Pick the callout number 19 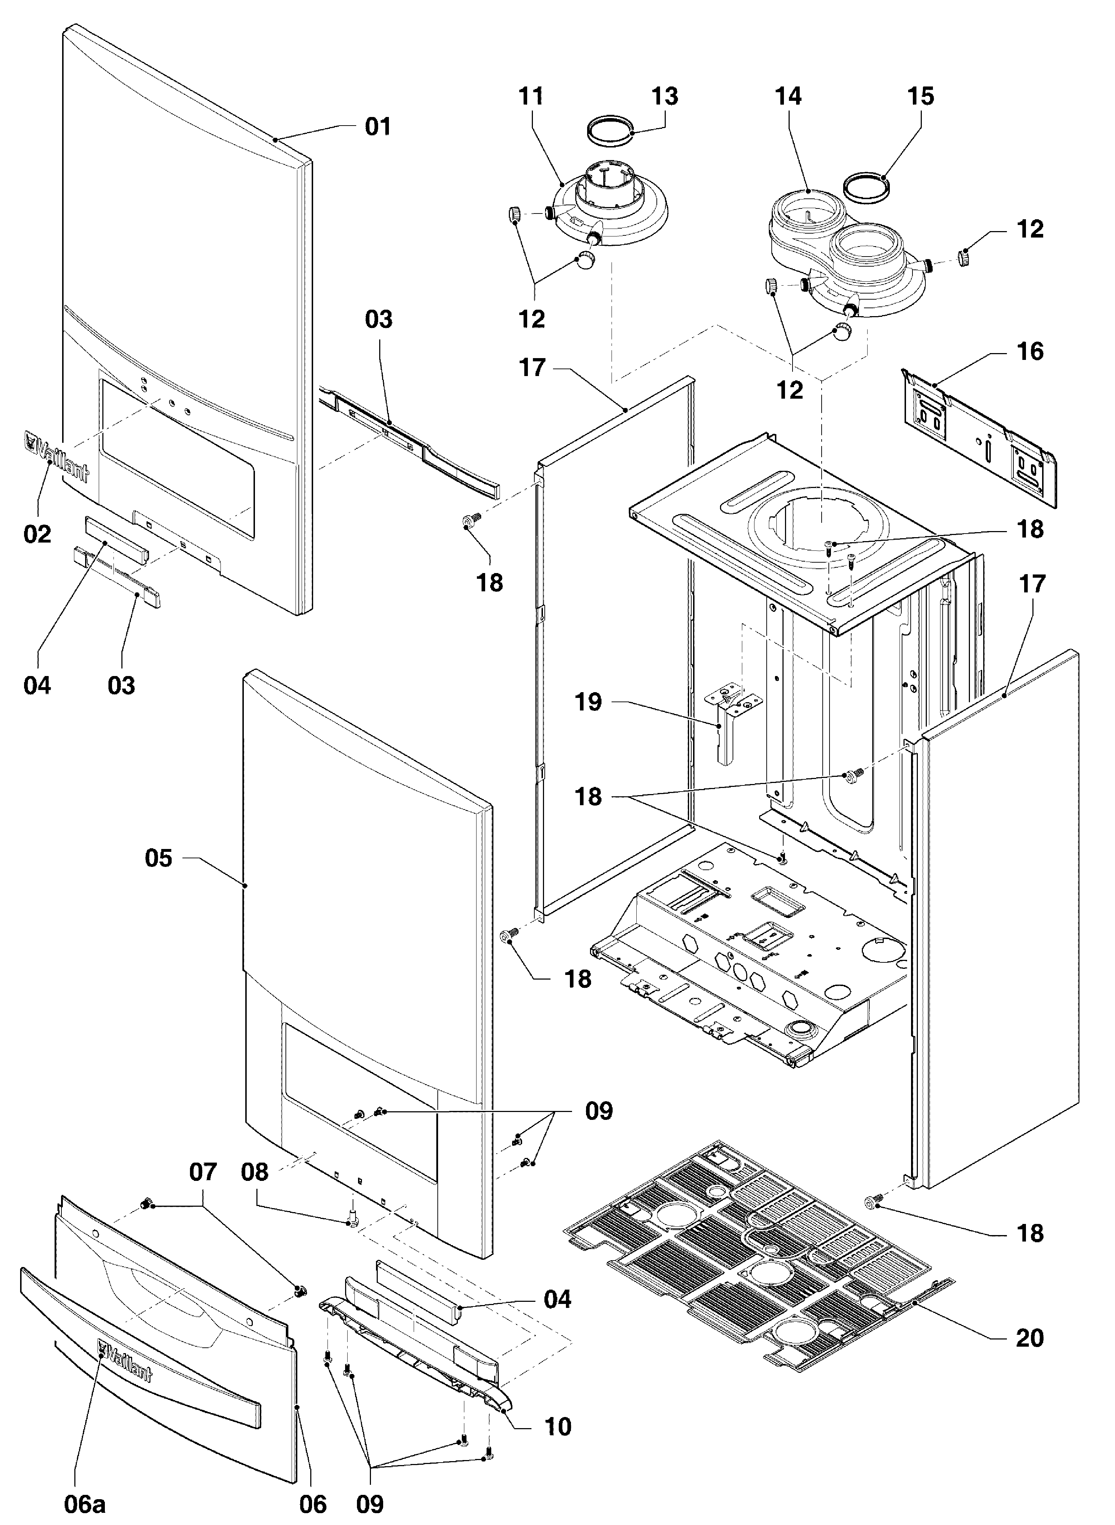click(588, 702)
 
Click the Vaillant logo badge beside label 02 click(57, 457)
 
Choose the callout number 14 click(788, 97)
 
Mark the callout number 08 click(255, 1172)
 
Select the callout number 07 click(203, 1172)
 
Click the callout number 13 click(665, 97)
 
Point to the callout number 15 click(921, 97)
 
